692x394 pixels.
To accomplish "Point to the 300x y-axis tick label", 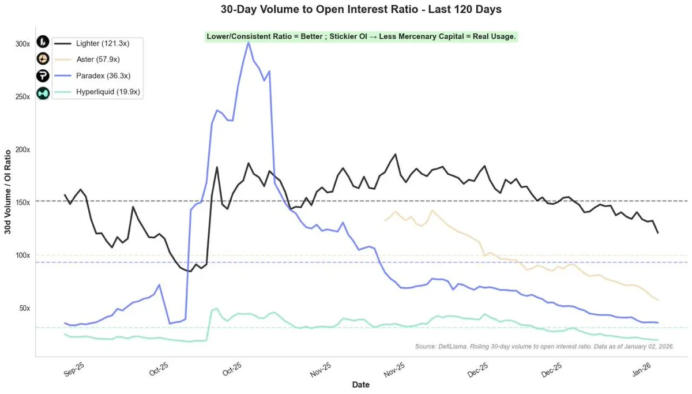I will (x=23, y=44).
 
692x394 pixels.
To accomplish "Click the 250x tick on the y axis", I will (x=23, y=96).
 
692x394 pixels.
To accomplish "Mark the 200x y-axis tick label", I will (x=23, y=149).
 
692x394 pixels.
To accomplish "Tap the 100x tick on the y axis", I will (x=23, y=255).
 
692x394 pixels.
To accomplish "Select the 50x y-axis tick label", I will (x=25, y=308).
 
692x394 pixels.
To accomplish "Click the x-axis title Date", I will (x=361, y=384).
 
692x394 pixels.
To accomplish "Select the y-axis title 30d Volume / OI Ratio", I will (x=8, y=196).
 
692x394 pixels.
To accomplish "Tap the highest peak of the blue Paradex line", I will (x=249, y=42).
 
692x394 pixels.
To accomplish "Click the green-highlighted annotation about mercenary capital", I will (x=361, y=36).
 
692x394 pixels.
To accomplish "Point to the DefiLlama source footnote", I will (x=544, y=347).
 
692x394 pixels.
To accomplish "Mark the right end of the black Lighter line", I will (x=658, y=232).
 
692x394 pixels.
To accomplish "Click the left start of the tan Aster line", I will (x=385, y=221).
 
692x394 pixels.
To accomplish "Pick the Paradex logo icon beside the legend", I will (x=44, y=75).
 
